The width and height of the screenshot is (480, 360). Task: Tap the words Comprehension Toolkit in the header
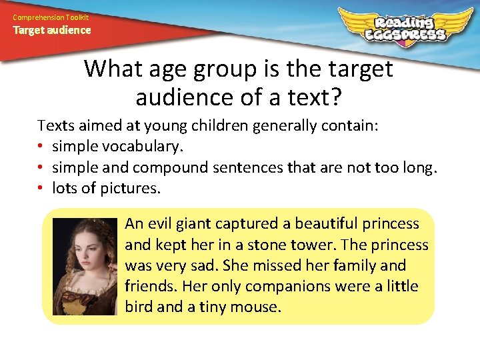click(x=51, y=17)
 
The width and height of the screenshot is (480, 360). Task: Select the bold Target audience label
click(x=52, y=30)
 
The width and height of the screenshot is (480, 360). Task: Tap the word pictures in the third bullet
click(x=130, y=189)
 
